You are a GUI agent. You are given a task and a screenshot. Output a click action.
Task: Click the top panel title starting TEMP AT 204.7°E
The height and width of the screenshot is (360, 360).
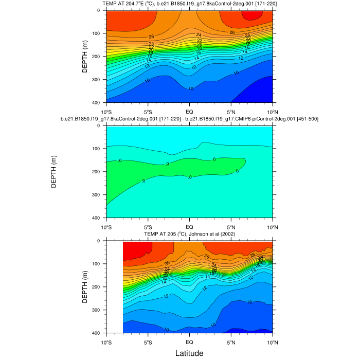click(189, 4)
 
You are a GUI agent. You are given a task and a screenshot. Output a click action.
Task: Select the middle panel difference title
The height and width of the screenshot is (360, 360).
click(189, 119)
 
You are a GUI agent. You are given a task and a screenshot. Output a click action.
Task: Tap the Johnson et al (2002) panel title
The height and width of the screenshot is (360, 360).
click(189, 234)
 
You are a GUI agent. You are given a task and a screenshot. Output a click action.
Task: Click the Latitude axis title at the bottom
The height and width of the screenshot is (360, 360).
click(189, 353)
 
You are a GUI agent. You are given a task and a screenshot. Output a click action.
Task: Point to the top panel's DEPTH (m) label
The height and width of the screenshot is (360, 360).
click(85, 57)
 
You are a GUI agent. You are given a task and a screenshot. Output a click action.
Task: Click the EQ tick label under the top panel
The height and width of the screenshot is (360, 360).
click(189, 111)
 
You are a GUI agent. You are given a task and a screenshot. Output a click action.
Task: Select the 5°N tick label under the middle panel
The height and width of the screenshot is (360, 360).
click(231, 226)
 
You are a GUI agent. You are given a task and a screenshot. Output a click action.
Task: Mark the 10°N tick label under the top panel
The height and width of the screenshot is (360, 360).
click(272, 111)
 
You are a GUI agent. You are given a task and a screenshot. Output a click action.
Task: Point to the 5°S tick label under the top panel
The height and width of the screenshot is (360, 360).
click(148, 111)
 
